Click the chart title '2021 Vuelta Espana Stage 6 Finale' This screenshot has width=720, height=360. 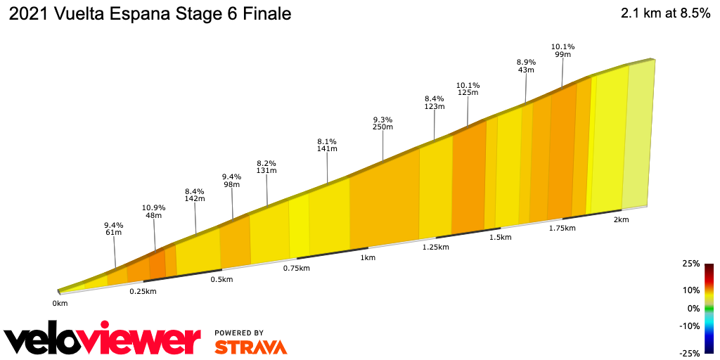(x=150, y=14)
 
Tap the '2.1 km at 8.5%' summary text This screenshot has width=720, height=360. (x=665, y=14)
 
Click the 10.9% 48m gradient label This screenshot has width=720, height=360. (x=153, y=212)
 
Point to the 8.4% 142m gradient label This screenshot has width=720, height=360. (x=194, y=195)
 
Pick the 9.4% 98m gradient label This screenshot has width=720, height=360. (x=231, y=181)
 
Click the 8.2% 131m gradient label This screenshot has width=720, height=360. (x=266, y=166)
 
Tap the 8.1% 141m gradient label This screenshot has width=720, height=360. (x=327, y=145)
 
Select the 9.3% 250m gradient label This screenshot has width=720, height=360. (x=382, y=123)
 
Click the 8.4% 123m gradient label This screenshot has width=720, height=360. (x=435, y=103)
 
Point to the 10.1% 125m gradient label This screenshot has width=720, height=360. (x=468, y=89)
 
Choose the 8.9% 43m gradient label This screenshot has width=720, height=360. (x=526, y=66)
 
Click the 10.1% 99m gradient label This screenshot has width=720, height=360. (x=562, y=51)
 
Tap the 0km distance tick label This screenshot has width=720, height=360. (x=60, y=304)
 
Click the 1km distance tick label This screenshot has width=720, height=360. (x=367, y=258)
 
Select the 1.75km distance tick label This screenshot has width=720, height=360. (x=562, y=229)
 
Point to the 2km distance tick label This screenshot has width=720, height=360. (x=621, y=220)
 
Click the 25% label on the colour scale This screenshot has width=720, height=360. (x=691, y=264)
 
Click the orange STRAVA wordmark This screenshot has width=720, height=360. (x=250, y=347)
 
